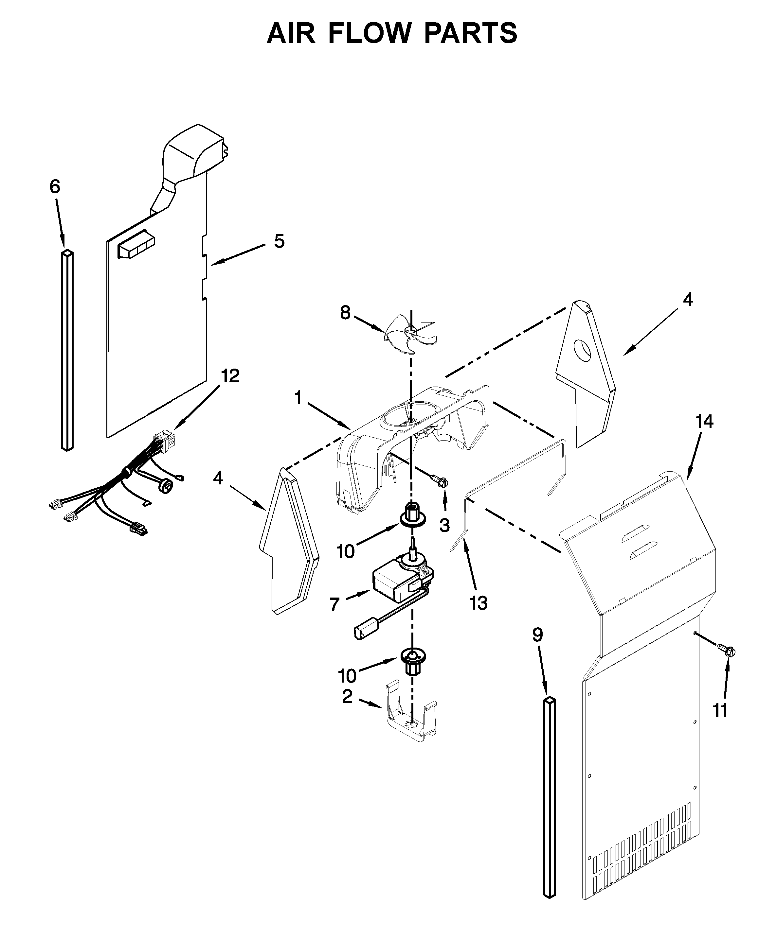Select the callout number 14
pos(704,422)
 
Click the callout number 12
pos(230,376)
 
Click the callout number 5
pos(279,242)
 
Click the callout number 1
pos(298,398)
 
